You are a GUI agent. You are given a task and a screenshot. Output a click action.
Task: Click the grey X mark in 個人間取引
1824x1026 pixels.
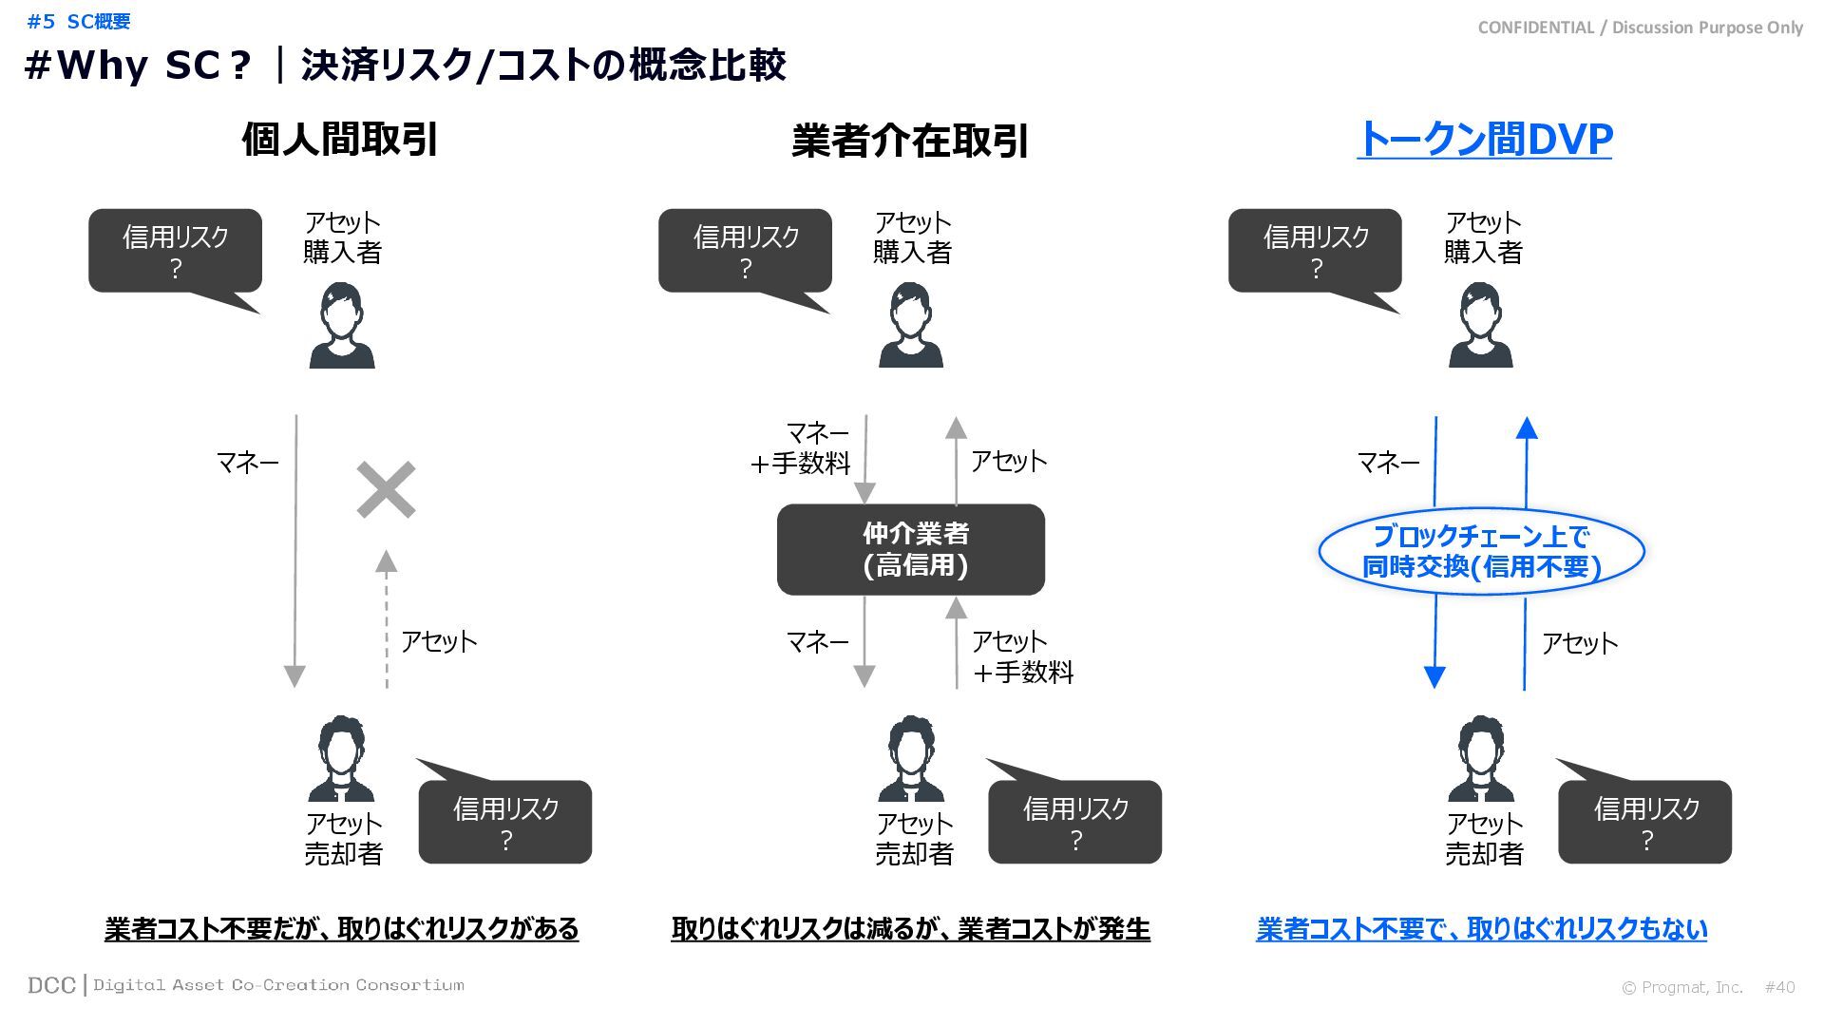pyautogui.click(x=386, y=490)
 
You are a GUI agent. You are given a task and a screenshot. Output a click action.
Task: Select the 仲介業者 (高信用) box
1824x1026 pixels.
pyautogui.click(x=910, y=549)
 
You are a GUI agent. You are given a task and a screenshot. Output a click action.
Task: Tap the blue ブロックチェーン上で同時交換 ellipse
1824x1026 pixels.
pyautogui.click(x=1481, y=551)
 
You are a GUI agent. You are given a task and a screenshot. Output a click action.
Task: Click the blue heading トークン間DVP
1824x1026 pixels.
pyautogui.click(x=1484, y=140)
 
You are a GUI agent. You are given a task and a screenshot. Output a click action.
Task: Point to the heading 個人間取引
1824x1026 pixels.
pyautogui.click(x=339, y=140)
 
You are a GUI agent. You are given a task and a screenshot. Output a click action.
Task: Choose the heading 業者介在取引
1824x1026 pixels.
pyautogui.click(x=910, y=142)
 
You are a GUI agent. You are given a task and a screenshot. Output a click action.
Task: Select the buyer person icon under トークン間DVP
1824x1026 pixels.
pyautogui.click(x=1480, y=326)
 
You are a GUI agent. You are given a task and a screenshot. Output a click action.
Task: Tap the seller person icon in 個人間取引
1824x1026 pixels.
pyautogui.click(x=341, y=759)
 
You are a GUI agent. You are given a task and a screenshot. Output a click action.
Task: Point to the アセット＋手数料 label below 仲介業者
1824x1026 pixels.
pyautogui.click(x=1020, y=656)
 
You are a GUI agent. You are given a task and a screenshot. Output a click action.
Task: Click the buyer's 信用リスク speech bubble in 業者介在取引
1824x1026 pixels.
pyautogui.click(x=745, y=251)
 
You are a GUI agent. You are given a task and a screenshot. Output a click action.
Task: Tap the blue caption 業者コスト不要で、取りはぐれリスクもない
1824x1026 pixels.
pyautogui.click(x=1481, y=928)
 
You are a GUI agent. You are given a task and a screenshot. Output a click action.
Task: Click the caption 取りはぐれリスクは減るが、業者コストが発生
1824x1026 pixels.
pyautogui.click(x=910, y=928)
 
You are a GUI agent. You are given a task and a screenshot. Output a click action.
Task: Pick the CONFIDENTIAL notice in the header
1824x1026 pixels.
pyautogui.click(x=1640, y=28)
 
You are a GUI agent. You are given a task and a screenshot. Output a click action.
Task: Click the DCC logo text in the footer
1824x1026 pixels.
pyautogui.click(x=51, y=985)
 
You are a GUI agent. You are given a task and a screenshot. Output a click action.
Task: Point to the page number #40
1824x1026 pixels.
pyautogui.click(x=1779, y=987)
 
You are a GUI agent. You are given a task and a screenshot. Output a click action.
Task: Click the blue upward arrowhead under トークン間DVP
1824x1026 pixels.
pyautogui.click(x=1527, y=428)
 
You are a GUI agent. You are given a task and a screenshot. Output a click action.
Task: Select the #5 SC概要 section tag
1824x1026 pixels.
pyautogui.click(x=79, y=21)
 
